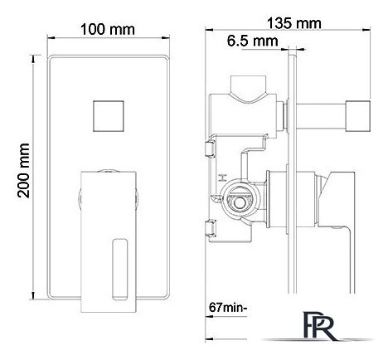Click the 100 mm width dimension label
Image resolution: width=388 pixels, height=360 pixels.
pos(108,29)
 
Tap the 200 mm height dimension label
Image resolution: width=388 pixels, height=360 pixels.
pos(23,171)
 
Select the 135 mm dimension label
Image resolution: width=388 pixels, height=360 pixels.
pos(294,23)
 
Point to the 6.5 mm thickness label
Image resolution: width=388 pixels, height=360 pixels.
pos(253,41)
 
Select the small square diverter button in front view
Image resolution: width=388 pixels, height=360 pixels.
pos(109,115)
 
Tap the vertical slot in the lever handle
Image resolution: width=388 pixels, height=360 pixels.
pos(120,270)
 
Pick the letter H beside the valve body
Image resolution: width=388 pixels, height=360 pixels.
pos(221,178)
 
